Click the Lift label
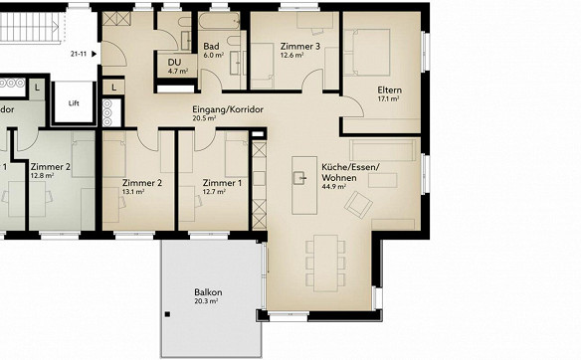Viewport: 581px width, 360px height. (x=74, y=103)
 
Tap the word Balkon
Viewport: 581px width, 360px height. (x=208, y=292)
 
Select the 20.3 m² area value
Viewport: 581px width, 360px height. (x=206, y=301)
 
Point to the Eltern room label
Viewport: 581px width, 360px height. (x=389, y=90)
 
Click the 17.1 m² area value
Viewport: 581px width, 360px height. (x=388, y=98)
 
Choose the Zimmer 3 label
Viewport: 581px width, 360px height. (x=300, y=47)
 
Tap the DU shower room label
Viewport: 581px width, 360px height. (x=174, y=63)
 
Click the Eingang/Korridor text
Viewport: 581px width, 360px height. (x=228, y=109)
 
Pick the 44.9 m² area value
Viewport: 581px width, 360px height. (x=334, y=187)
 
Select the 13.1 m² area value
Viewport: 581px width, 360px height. (x=133, y=192)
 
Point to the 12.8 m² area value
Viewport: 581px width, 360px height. (x=42, y=176)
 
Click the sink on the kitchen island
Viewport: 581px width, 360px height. (x=299, y=178)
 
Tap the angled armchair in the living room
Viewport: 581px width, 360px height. (x=358, y=205)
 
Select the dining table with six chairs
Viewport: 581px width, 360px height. (x=325, y=263)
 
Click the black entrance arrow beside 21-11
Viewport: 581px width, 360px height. (x=95, y=54)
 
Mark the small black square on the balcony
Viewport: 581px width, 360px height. (x=167, y=314)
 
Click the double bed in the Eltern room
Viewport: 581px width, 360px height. (x=367, y=53)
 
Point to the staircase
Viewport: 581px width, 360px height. (x=30, y=26)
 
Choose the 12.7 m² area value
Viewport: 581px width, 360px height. (x=214, y=192)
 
